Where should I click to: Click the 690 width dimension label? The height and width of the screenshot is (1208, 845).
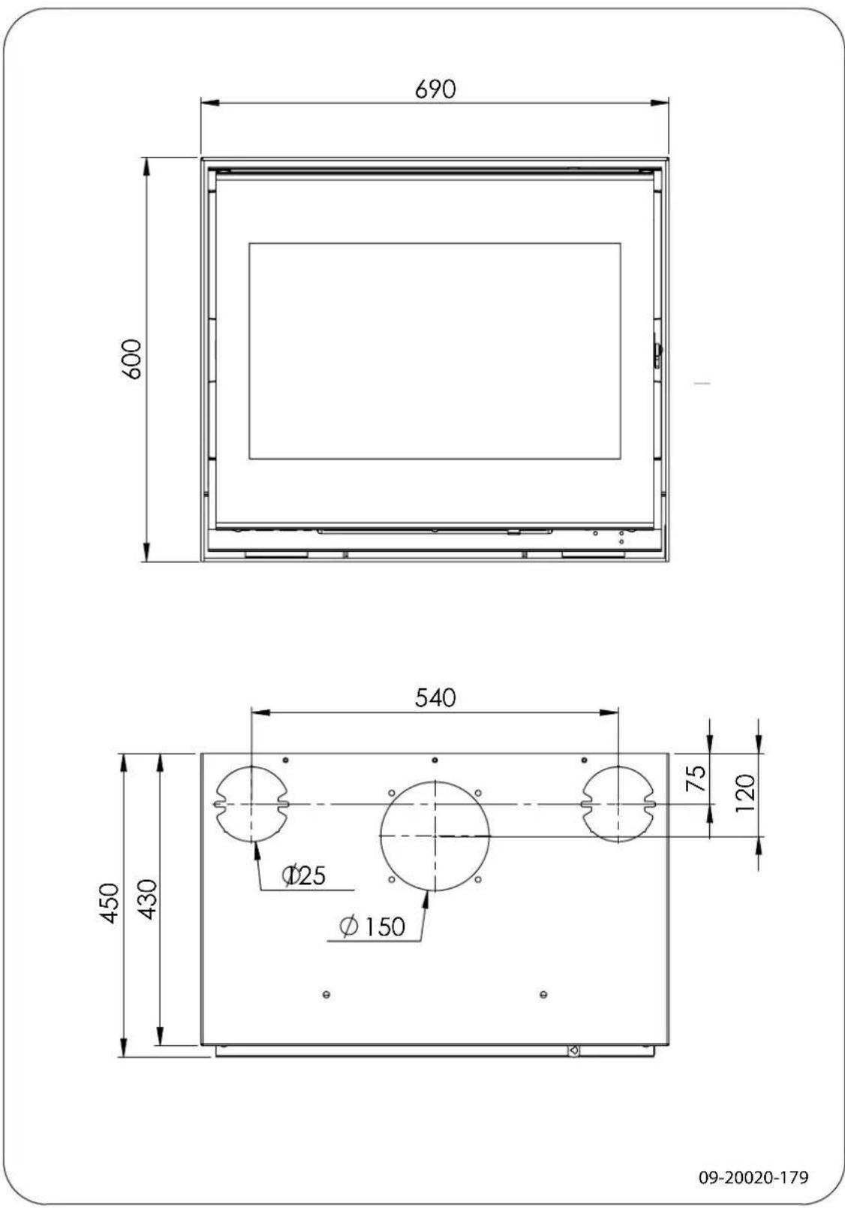coord(435,89)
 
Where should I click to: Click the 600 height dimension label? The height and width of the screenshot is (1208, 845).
coord(132,359)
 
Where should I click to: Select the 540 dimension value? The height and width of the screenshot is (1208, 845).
coord(435,697)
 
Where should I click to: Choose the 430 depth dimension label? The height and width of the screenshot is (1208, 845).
coord(148,899)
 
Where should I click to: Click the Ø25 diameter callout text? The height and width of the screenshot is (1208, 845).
coord(304,875)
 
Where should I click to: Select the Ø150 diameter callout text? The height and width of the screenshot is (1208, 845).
coord(373,926)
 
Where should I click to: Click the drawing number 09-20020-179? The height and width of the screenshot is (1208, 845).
coord(753,1178)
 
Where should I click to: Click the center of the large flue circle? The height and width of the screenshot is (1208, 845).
coord(435,835)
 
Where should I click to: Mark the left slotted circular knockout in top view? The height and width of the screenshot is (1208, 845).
coord(252,804)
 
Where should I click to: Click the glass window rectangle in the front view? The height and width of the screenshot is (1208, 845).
coord(435,351)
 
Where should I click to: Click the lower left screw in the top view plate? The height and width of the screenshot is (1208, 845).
coord(326,995)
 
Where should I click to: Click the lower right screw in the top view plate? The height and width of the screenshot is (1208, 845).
coord(543,995)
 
